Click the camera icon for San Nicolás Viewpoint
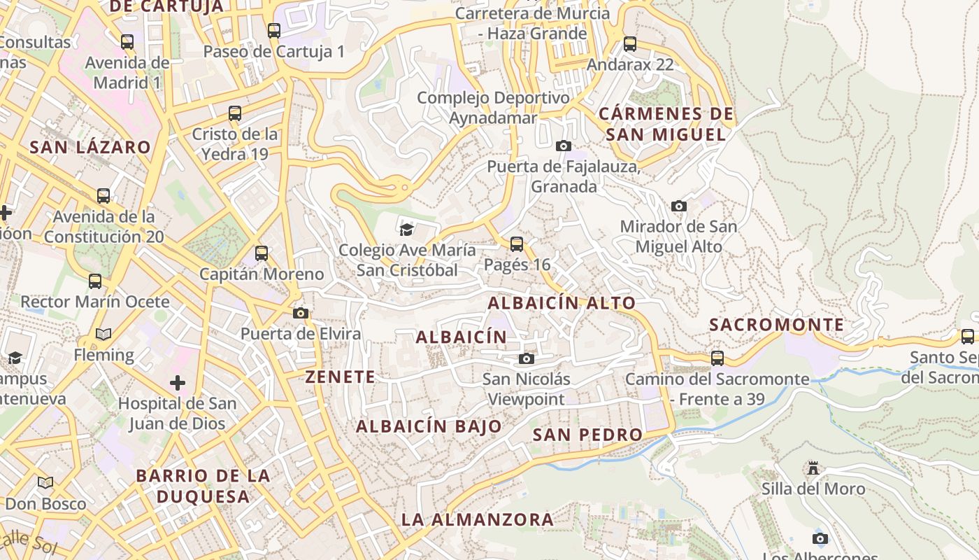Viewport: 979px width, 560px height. point(527,359)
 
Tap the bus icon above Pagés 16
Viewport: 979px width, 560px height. point(517,244)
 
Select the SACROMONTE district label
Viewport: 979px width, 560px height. point(777,325)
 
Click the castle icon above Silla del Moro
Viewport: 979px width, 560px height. point(813,468)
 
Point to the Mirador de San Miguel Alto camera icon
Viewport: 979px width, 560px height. point(678,206)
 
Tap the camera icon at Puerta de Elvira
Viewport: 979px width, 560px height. point(301,313)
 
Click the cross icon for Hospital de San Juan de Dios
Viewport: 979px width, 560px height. point(178,383)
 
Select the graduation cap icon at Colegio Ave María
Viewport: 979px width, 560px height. point(406,229)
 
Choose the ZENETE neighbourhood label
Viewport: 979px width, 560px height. point(341,377)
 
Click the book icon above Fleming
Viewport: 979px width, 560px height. point(103,335)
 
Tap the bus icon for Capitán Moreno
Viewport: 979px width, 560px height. point(262,253)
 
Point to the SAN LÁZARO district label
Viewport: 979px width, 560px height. point(90,147)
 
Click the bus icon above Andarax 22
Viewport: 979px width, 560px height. point(630,44)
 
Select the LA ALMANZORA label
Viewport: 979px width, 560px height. point(478,520)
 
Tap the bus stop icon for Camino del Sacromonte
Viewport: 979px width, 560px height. point(717,358)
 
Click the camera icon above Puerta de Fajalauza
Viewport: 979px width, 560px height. point(563,146)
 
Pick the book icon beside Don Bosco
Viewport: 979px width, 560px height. point(45,483)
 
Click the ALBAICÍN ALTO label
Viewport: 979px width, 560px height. point(562,303)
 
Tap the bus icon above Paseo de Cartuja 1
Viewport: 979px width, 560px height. point(274,31)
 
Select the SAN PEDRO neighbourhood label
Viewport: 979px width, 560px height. point(587,435)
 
